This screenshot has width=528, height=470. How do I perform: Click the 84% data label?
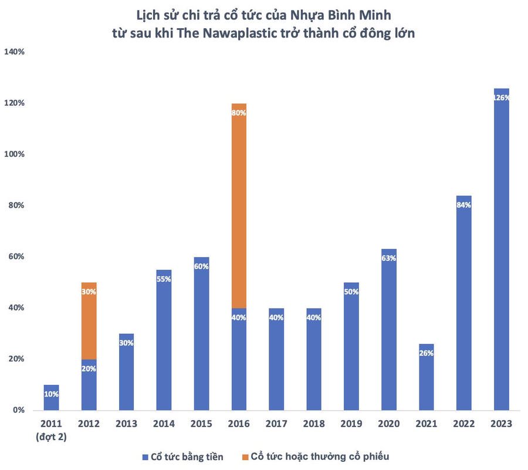point(464,205)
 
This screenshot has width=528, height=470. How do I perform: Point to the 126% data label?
point(502,98)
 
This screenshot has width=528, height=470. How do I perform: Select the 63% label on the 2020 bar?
point(389,259)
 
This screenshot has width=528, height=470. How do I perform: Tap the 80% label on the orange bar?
point(239,113)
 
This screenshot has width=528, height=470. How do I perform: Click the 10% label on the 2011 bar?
point(51,394)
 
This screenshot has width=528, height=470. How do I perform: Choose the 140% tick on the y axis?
point(14,52)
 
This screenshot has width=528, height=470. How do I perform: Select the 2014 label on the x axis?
point(164,424)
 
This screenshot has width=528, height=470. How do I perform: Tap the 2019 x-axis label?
point(351,424)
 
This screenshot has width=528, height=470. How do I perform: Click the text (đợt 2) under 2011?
point(51,436)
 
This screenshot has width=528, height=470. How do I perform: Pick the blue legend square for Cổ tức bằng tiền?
point(144,457)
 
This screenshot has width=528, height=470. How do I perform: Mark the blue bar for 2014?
point(164,346)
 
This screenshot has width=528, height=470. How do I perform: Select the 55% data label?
point(164,279)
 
